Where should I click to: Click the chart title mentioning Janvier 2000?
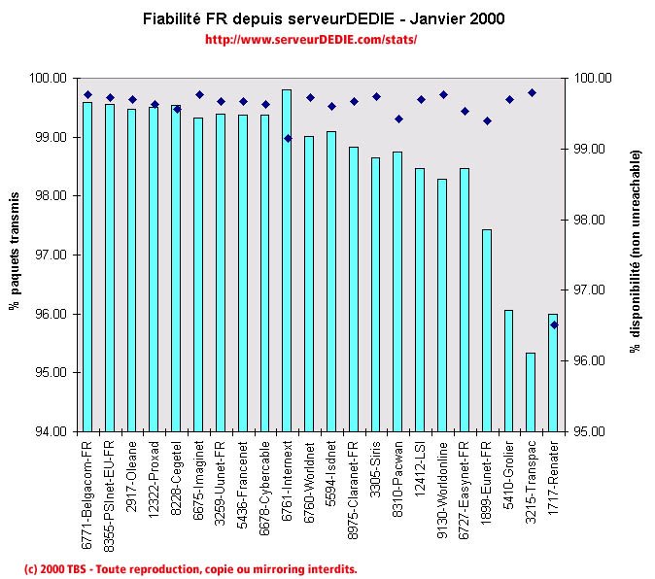[x=324, y=19]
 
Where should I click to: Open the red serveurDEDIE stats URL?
[x=311, y=40]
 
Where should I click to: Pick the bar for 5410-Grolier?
[x=508, y=370]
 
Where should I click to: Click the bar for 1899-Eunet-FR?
[x=486, y=330]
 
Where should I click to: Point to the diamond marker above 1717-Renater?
[x=554, y=324]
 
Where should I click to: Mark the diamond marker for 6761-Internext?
[x=287, y=138]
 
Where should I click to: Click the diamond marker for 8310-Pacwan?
[x=398, y=119]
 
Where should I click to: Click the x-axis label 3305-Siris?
[x=376, y=469]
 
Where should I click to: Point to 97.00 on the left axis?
[x=52, y=255]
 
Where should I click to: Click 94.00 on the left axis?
[x=52, y=431]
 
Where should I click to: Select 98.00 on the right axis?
[x=591, y=220]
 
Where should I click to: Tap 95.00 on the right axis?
[x=591, y=431]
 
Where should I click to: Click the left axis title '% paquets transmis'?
[x=16, y=255]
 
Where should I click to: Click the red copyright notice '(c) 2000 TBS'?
[x=190, y=568]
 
